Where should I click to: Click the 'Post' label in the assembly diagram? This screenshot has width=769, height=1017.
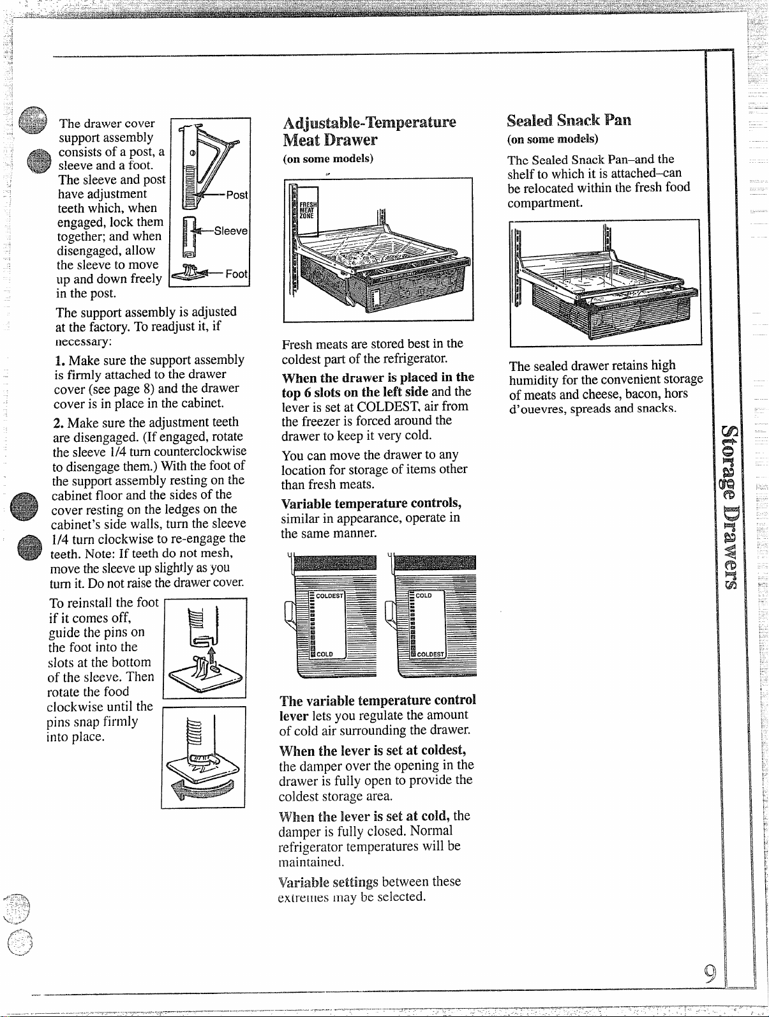click(x=237, y=195)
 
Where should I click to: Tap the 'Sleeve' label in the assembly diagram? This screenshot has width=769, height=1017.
click(x=230, y=230)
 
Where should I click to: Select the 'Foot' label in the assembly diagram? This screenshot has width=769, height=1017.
click(x=236, y=274)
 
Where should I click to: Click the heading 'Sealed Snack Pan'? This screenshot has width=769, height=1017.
click(x=569, y=121)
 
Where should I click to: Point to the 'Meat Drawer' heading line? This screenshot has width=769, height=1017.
click(x=330, y=140)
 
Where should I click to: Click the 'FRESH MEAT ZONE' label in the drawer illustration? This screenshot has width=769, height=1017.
click(x=308, y=210)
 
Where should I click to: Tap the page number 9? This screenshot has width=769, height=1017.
click(x=709, y=974)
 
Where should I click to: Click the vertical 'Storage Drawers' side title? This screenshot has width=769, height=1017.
click(x=729, y=507)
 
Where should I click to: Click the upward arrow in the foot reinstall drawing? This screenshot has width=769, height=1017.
click(x=212, y=658)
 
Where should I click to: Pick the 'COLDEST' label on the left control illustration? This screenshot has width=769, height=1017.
click(x=329, y=596)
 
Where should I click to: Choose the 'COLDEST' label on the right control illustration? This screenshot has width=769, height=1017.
click(x=431, y=654)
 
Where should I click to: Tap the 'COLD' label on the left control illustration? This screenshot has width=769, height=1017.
click(x=325, y=654)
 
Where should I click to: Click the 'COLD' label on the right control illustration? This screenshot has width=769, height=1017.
click(x=424, y=596)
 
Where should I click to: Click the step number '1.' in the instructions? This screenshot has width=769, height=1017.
click(x=60, y=361)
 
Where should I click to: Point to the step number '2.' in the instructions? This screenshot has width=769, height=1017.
click(x=58, y=423)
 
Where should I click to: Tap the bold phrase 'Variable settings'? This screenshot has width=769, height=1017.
click(x=328, y=882)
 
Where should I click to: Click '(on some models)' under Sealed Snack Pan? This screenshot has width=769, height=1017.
click(x=553, y=139)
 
